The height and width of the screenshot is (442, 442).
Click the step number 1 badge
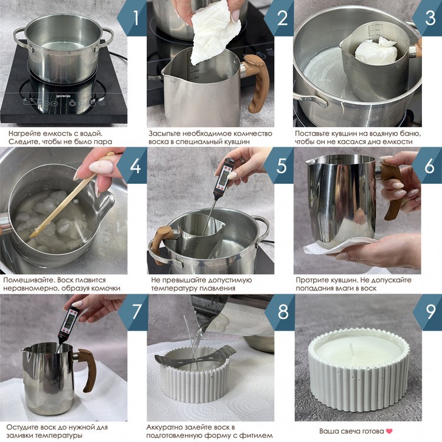tap(133, 18)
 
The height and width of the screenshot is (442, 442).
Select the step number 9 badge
tap(428, 312)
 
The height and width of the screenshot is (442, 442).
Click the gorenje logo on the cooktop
tap(63, 96)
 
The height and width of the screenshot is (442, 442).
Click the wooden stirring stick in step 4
tap(72, 195)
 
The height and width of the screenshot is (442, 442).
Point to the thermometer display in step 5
tap(225, 176)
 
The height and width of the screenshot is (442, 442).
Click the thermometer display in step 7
tap(70, 321)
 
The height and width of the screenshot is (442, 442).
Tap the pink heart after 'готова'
tap(389, 431)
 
